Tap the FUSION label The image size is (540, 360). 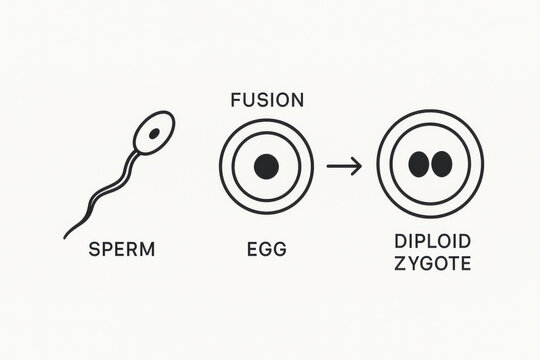click(267, 100)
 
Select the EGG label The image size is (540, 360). click(266, 250)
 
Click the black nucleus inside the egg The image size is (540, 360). click(266, 166)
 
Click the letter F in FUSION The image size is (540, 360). click(235, 100)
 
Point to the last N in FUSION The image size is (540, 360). click(299, 100)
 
